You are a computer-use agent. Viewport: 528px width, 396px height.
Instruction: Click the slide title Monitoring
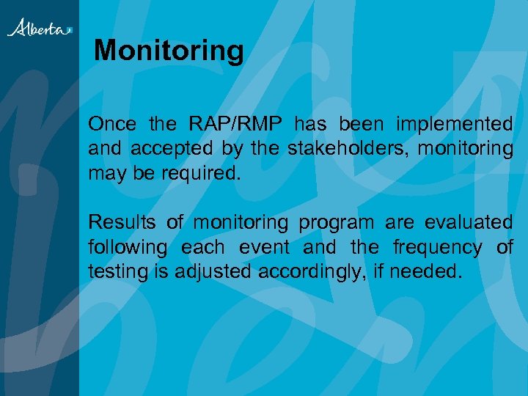pos(169,51)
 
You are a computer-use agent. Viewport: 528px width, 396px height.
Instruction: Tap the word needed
pos(426,272)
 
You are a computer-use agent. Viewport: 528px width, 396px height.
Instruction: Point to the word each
pos(202,247)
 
